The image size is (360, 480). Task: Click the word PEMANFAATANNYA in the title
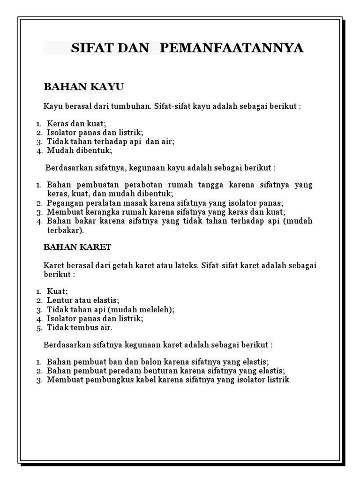232,48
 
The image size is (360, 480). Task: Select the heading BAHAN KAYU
83,87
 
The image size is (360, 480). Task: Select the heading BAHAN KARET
77,247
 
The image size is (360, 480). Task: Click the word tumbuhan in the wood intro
133,106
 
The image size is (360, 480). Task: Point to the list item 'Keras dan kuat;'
76,124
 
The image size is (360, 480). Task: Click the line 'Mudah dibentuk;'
79,151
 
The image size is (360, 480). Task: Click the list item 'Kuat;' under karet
57,292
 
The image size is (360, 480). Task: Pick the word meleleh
157,309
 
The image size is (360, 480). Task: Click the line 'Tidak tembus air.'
79,328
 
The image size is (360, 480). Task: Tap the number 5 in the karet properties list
39,328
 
